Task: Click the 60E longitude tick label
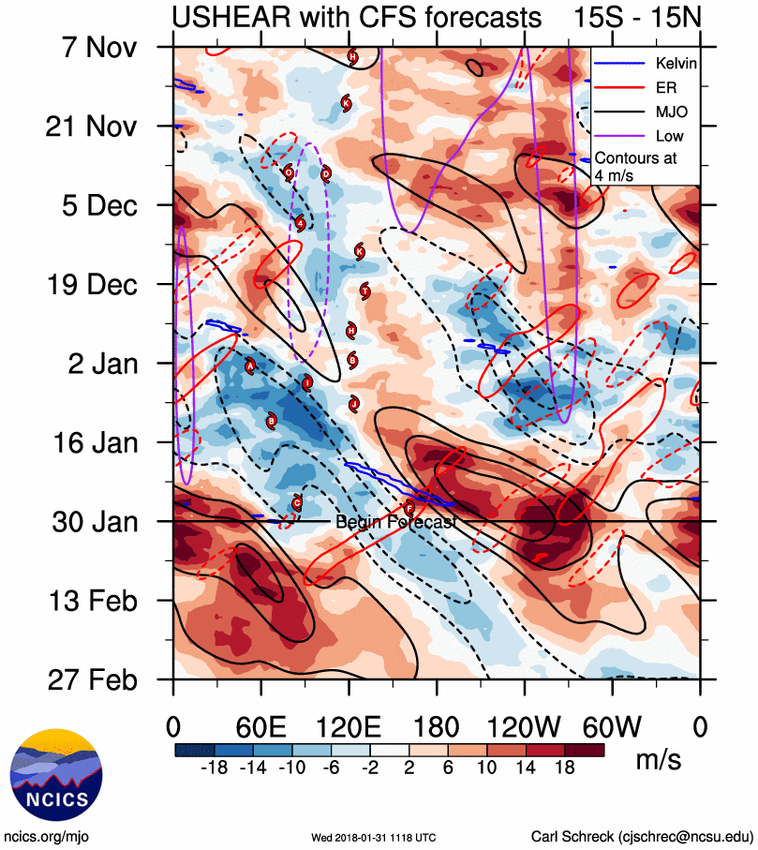coord(260,726)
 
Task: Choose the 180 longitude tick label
coord(437,726)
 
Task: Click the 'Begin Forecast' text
coord(395,522)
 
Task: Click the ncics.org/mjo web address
coord(47,836)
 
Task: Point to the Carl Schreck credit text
coord(642,836)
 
